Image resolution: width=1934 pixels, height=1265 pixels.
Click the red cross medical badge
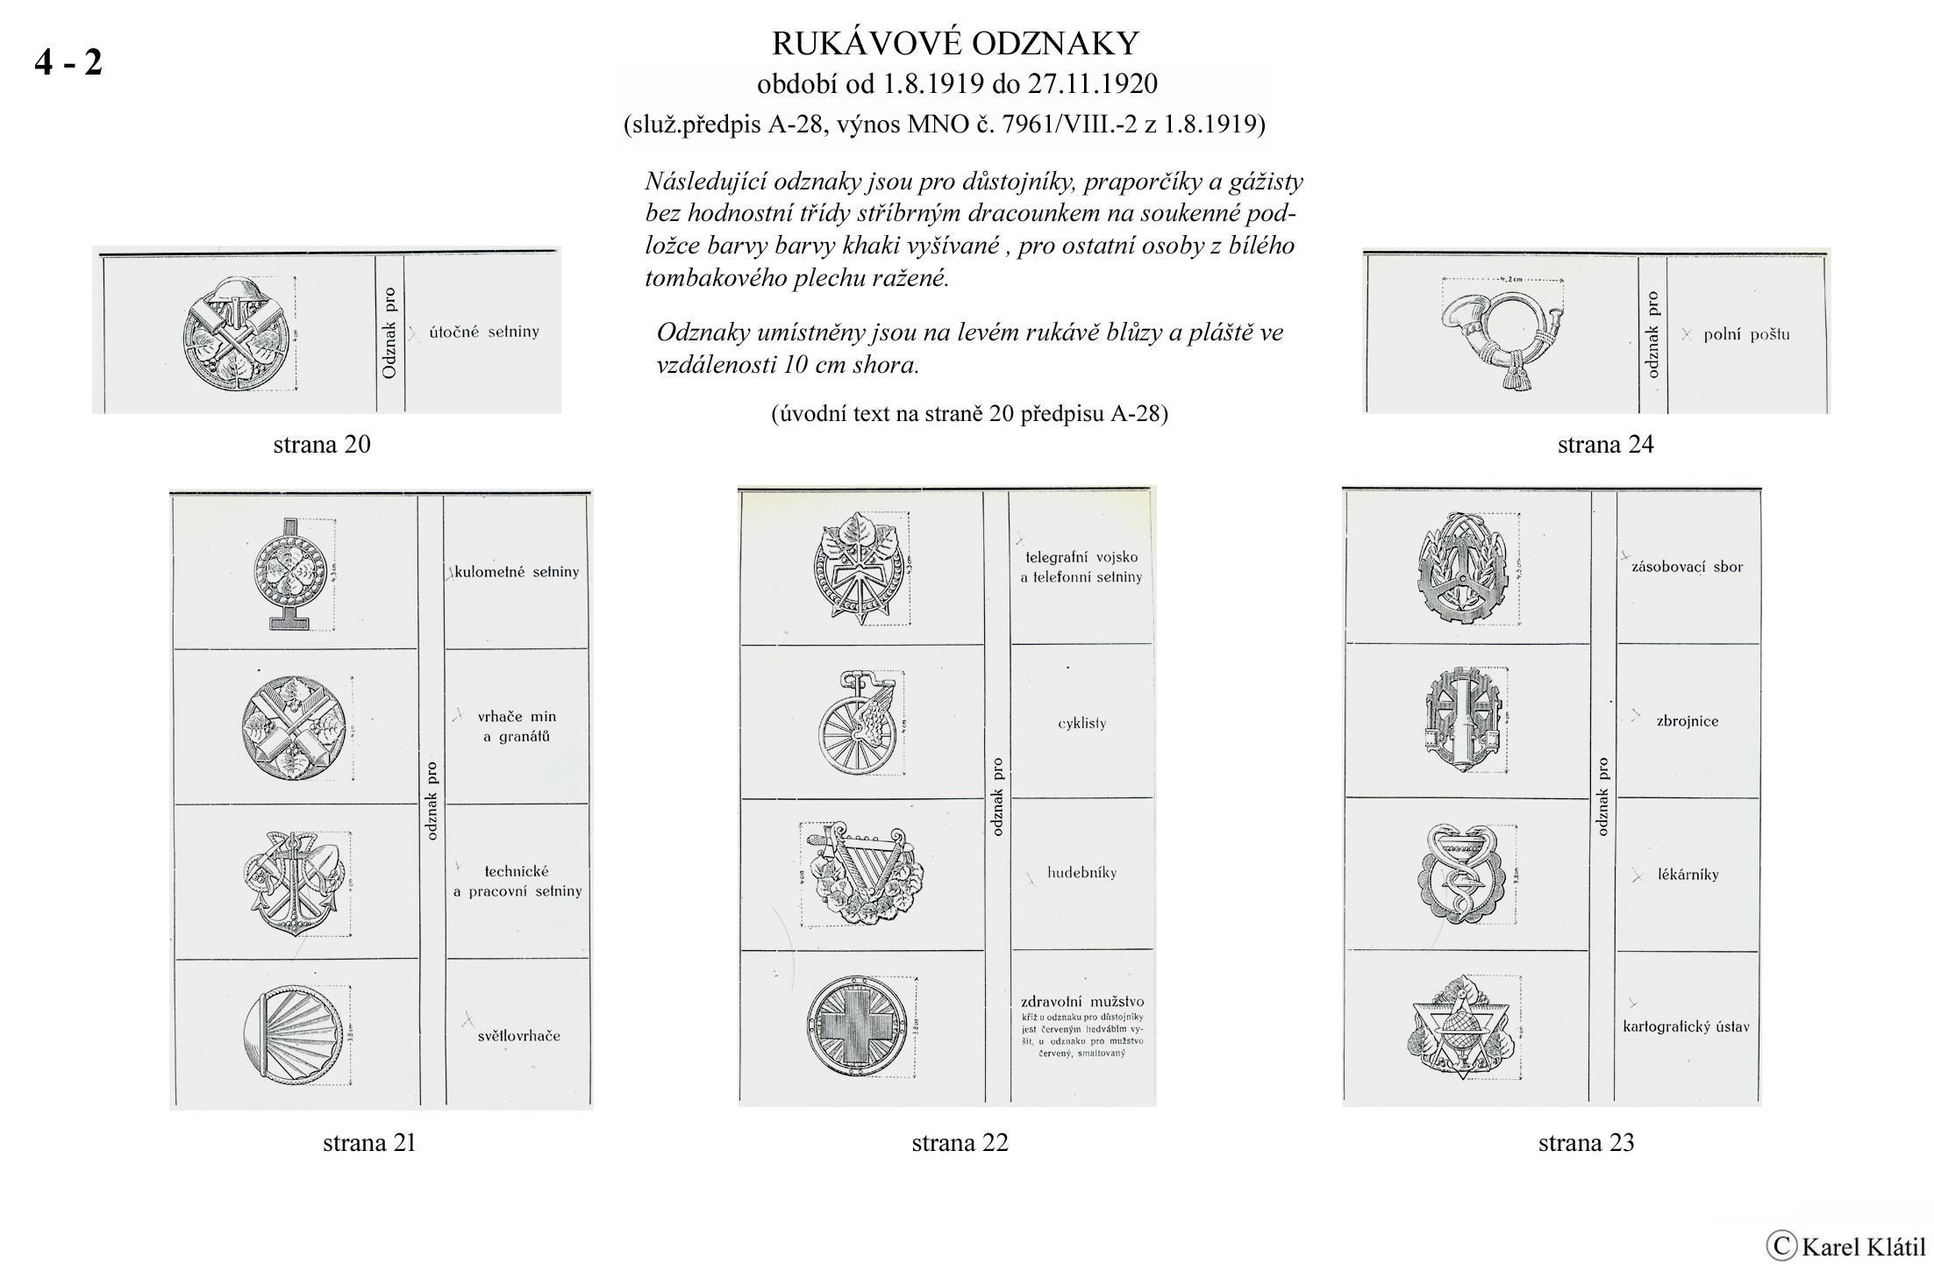tap(857, 1027)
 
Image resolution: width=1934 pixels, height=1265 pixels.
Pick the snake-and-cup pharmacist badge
tap(1464, 873)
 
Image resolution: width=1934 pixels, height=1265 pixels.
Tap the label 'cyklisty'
tap(1081, 723)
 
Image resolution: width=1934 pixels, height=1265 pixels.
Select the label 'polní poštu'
tap(1745, 334)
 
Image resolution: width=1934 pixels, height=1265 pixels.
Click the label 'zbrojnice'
tap(1687, 721)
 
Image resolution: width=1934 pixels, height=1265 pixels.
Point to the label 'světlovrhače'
tap(518, 1035)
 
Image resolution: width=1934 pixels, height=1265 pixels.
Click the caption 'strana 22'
tap(960, 1142)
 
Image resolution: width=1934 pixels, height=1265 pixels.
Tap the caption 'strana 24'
tap(1605, 444)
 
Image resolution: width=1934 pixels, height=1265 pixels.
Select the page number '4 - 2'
tap(68, 61)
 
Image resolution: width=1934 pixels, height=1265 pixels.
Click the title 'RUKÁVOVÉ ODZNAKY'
tap(955, 42)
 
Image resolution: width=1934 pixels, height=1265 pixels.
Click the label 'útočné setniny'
tap(484, 332)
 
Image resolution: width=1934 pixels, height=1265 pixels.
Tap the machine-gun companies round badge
tap(290, 571)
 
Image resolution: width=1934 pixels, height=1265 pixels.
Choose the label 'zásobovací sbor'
tap(1687, 567)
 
